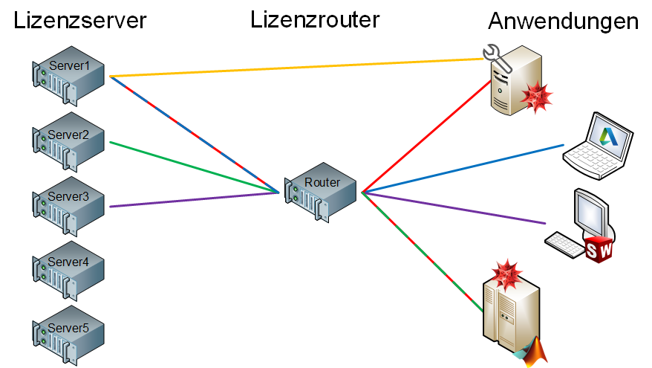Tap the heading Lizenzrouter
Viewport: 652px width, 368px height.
316,19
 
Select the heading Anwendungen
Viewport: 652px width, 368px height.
563,22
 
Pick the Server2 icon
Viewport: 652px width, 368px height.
69,143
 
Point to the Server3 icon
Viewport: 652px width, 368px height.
69,204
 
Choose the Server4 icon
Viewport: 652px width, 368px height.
69,269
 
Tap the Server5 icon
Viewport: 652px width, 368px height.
69,332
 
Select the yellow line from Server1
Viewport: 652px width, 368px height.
297,67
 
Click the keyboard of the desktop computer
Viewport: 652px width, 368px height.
564,244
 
